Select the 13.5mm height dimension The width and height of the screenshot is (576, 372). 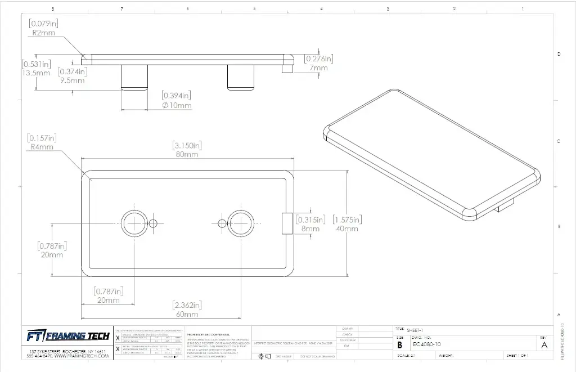tap(36, 73)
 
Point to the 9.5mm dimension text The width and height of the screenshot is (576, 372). tap(73, 80)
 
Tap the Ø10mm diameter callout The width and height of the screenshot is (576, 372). tap(177, 105)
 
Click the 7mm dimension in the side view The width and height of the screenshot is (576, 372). tap(318, 68)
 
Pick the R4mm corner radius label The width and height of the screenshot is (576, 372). tap(42, 147)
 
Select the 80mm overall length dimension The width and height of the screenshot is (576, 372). tap(187, 154)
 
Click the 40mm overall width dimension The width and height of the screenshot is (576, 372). tap(346, 228)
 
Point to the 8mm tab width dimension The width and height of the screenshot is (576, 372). tap(310, 228)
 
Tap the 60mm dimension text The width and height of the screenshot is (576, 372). tap(187, 314)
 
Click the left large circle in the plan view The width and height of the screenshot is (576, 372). tap(134, 223)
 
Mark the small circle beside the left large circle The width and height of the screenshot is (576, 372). tap(153, 223)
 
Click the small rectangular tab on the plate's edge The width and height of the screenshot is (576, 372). tap(286, 223)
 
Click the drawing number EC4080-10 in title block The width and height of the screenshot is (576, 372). tap(426, 344)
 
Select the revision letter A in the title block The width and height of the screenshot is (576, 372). tap(544, 345)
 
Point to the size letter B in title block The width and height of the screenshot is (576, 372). tap(400, 344)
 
